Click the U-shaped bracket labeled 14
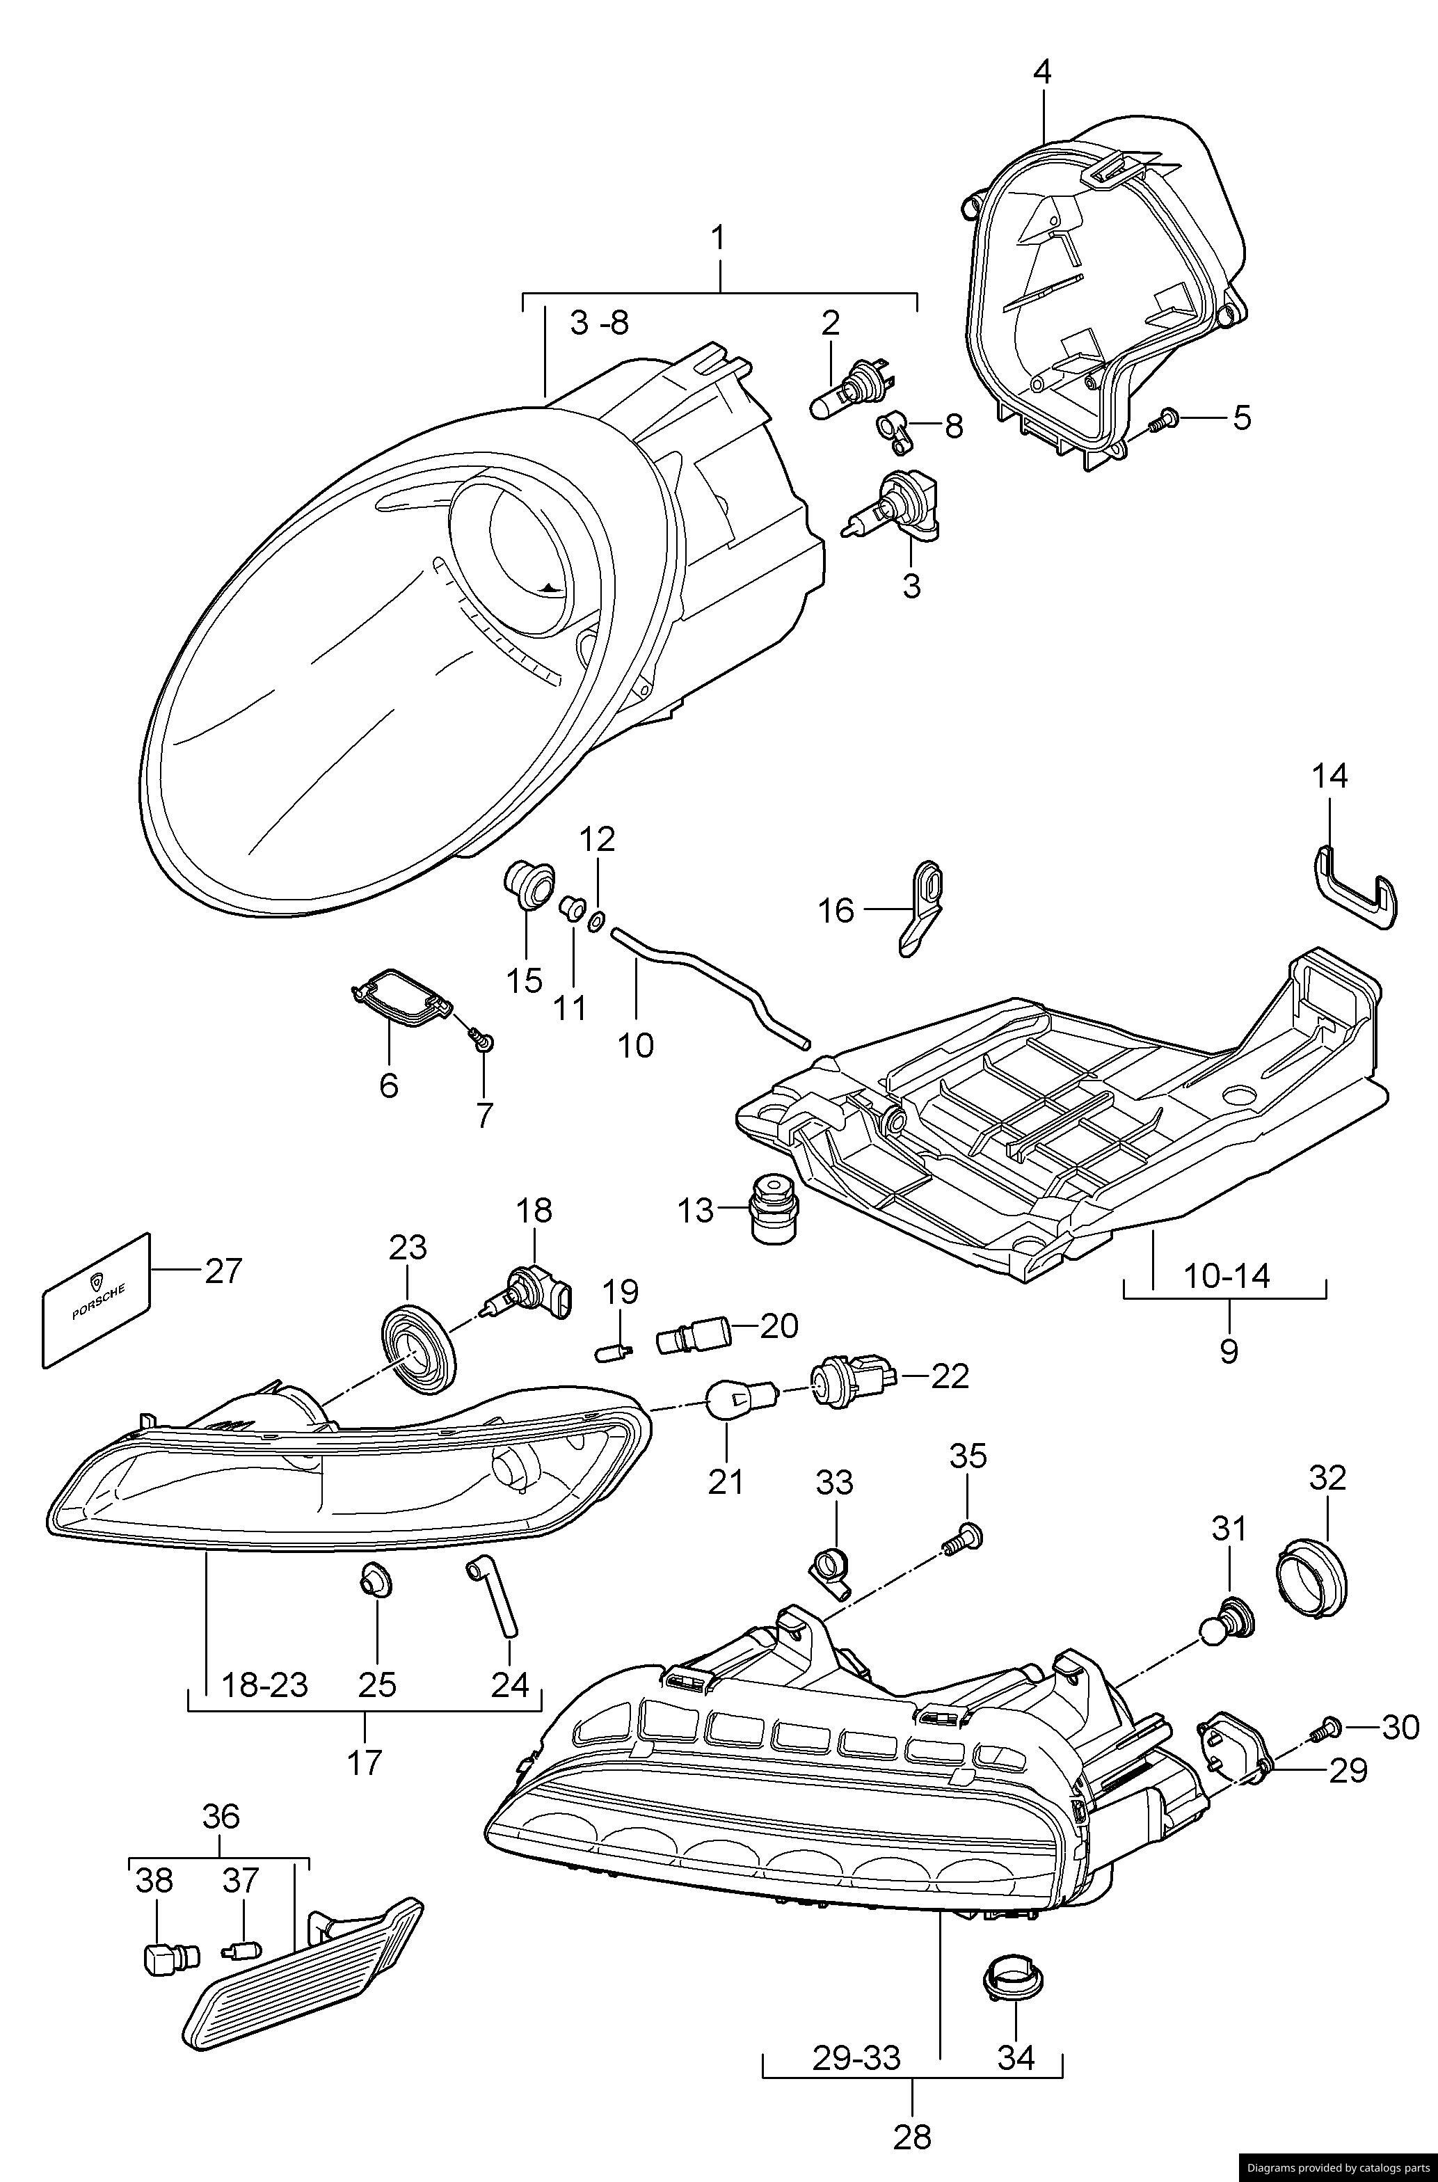[1355, 888]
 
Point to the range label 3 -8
[599, 323]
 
